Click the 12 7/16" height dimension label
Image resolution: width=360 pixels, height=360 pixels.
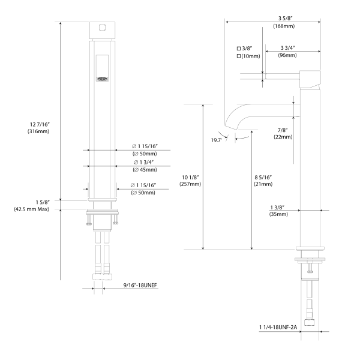(40, 124)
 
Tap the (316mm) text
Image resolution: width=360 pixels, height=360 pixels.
(38, 131)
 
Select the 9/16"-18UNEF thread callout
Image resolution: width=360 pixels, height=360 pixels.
(140, 285)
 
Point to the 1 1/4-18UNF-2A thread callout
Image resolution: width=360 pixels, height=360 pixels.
(278, 327)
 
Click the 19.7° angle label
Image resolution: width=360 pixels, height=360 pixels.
(216, 140)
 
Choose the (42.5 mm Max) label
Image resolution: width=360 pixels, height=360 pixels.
(31, 209)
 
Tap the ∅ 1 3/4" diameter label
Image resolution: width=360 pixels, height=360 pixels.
(144, 163)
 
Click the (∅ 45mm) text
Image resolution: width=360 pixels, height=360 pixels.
(145, 170)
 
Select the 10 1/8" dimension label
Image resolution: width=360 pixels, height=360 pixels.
(190, 177)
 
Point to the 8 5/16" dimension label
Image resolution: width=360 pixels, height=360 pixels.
(263, 177)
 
